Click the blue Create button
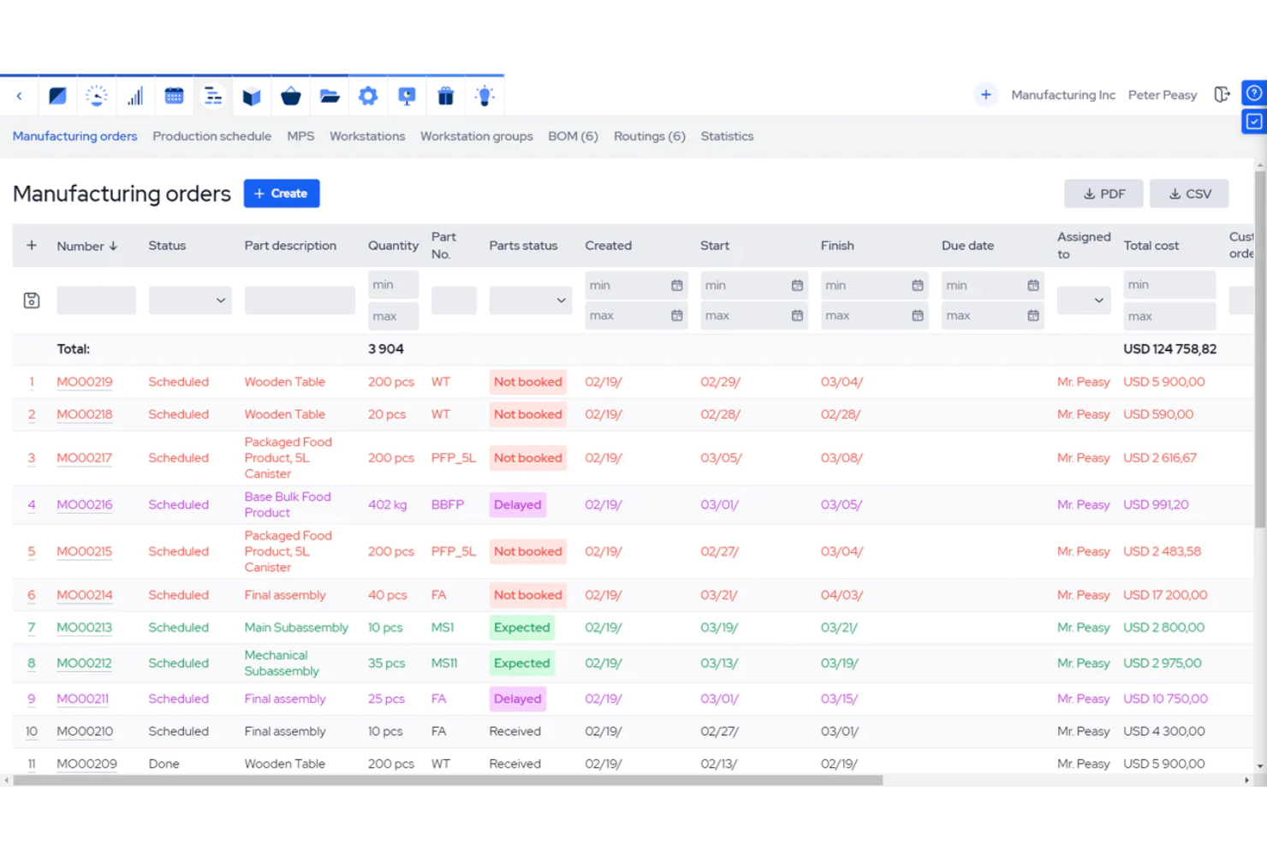point(281,193)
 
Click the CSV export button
point(1189,193)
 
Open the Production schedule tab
point(211,136)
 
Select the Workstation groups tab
point(476,136)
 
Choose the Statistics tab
point(727,136)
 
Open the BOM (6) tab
point(573,136)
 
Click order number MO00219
point(85,382)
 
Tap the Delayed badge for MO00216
point(517,505)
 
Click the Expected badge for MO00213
point(521,628)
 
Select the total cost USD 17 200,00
point(1164,595)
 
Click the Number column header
point(80,246)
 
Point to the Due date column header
point(967,246)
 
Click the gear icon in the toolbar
point(368,96)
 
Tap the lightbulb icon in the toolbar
point(485,96)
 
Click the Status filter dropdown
point(190,301)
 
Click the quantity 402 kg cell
point(387,505)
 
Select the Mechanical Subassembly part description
point(281,664)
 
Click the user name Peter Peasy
point(1162,95)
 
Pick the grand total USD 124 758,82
point(1169,349)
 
